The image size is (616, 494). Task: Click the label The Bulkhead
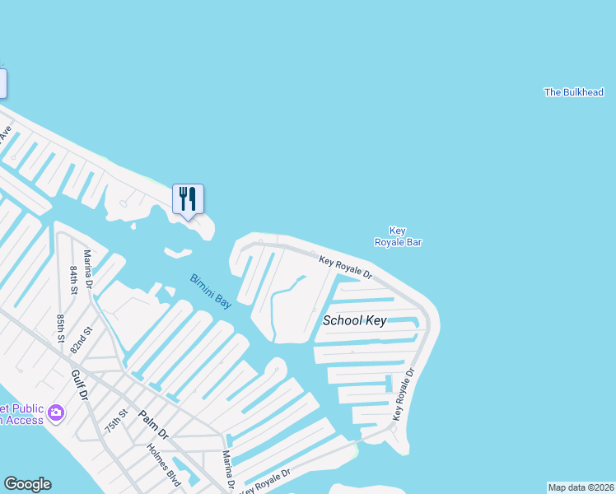(x=574, y=92)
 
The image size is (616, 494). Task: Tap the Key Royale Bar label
(x=398, y=237)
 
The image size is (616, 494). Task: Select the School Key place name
(x=354, y=320)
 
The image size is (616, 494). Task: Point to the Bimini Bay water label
(x=211, y=291)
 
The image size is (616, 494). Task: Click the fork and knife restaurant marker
(x=188, y=198)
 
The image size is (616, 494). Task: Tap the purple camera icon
(x=56, y=412)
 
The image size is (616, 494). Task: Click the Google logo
(x=27, y=484)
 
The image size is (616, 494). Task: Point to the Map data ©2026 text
(x=581, y=487)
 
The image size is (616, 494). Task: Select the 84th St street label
(x=74, y=280)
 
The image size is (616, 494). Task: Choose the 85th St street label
(x=61, y=326)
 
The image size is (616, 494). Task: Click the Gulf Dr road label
(x=79, y=384)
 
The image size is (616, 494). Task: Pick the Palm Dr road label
(x=152, y=424)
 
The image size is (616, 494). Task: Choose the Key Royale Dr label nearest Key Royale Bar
(x=345, y=266)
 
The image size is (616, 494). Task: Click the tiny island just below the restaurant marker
(x=178, y=252)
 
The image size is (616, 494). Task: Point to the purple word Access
(x=25, y=421)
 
